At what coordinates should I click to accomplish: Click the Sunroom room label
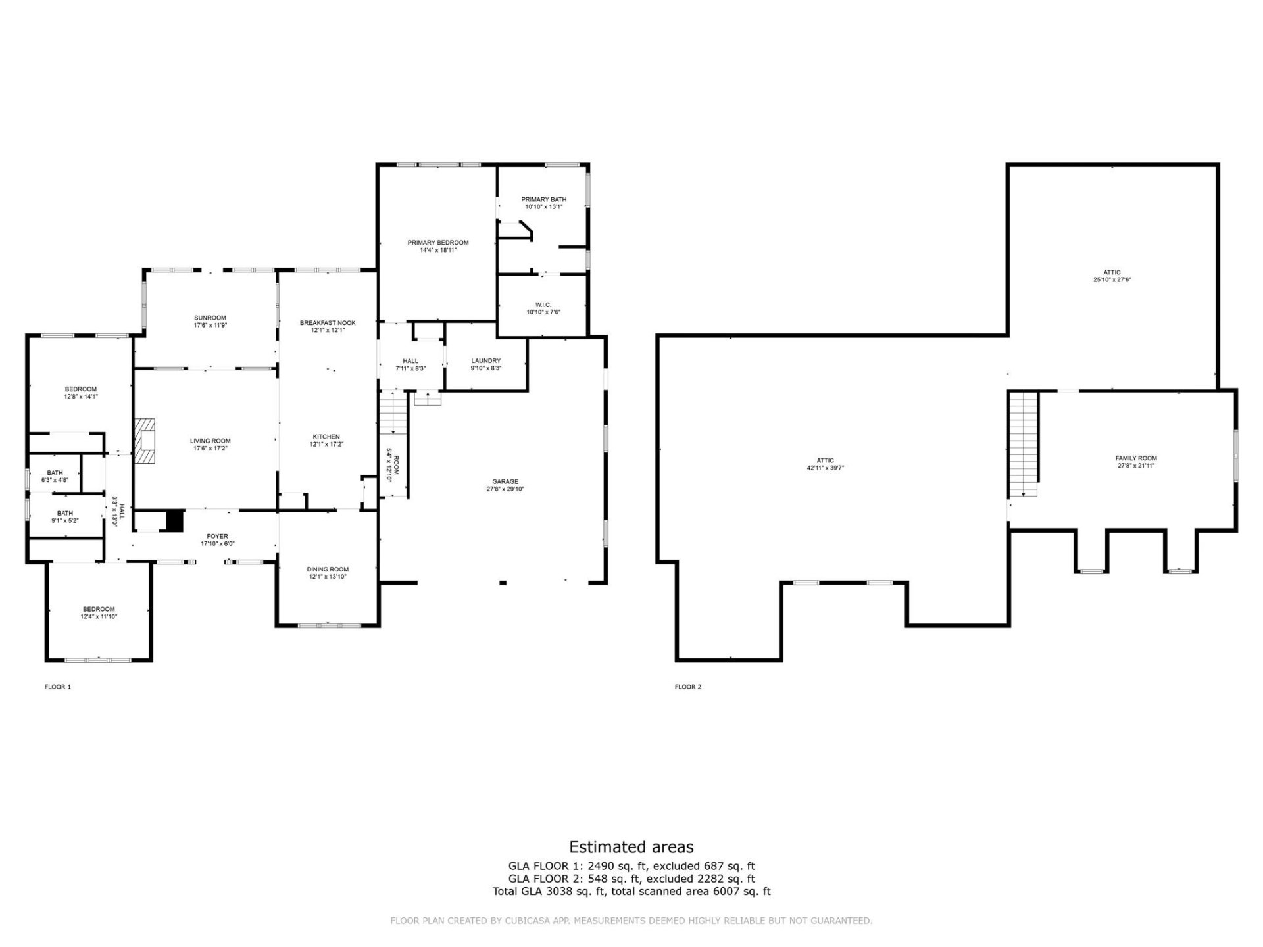(x=210, y=318)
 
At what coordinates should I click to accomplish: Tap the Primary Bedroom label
(x=437, y=243)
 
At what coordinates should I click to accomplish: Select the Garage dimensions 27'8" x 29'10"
(x=505, y=489)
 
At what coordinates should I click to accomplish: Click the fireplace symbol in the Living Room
(x=144, y=441)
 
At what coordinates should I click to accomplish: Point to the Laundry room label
(x=485, y=360)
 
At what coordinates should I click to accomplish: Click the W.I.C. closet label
(x=543, y=304)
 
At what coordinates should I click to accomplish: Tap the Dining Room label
(x=328, y=570)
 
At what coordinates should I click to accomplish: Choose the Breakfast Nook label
(x=328, y=323)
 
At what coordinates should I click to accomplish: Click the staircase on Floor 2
(x=1024, y=444)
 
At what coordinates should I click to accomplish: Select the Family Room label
(x=1136, y=458)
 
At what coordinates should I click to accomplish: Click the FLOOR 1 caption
(x=58, y=687)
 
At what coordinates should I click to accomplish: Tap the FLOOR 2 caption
(x=688, y=687)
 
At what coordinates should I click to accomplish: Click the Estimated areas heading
(x=631, y=847)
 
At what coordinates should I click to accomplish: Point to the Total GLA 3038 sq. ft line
(x=631, y=892)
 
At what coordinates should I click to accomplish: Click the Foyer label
(x=217, y=537)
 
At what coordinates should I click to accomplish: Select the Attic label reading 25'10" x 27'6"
(x=1112, y=279)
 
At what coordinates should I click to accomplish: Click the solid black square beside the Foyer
(x=174, y=520)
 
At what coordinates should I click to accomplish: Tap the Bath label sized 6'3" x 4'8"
(x=55, y=473)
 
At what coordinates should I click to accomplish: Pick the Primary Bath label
(x=543, y=199)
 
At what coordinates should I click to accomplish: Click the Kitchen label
(x=326, y=437)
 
